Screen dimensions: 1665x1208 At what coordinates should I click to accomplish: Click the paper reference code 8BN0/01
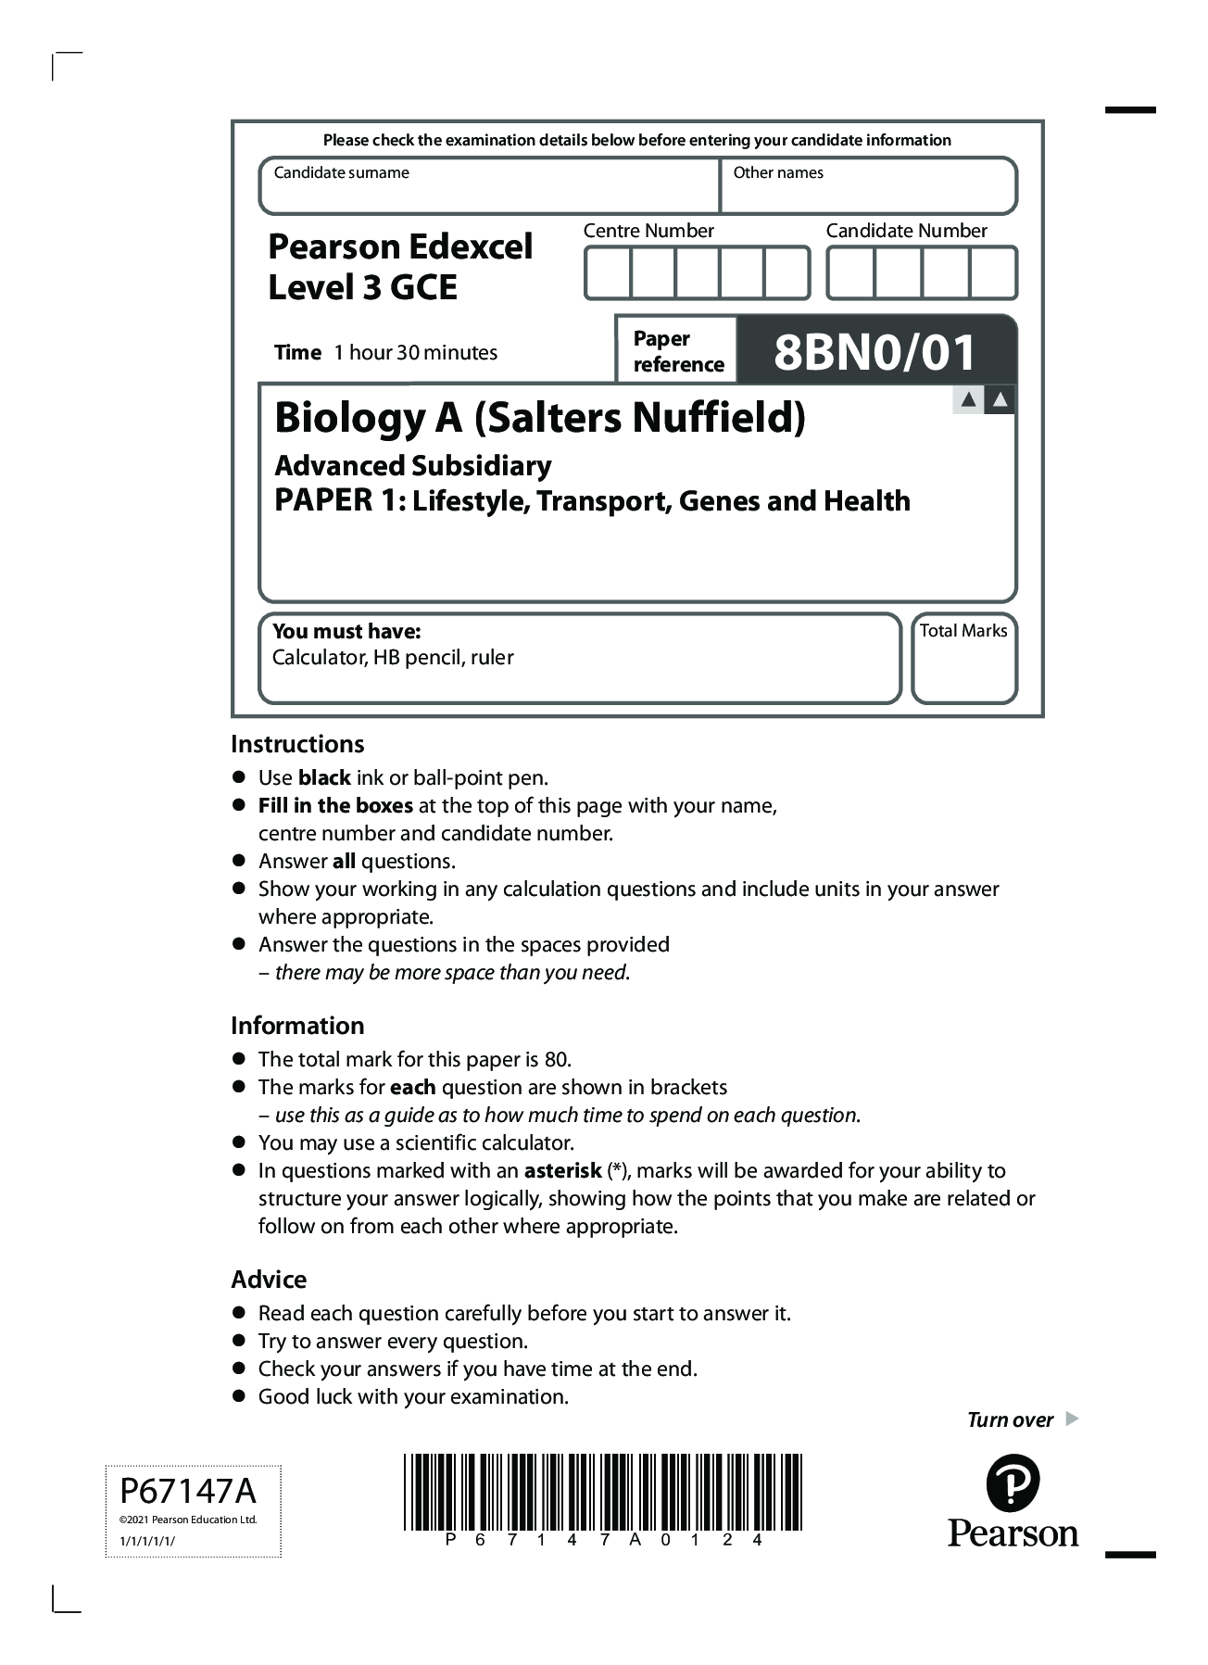(875, 352)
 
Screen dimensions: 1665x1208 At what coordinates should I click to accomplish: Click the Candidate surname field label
(341, 173)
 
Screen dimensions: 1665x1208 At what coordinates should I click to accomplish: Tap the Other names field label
(777, 173)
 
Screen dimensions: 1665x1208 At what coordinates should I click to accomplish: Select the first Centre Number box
(608, 273)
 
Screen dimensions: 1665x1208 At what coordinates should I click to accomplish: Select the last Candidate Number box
(993, 273)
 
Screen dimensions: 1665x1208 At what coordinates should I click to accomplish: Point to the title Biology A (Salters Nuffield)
(539, 418)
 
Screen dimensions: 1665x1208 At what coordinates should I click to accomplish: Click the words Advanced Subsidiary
(413, 465)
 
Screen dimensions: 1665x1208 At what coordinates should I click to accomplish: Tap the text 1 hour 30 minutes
(415, 353)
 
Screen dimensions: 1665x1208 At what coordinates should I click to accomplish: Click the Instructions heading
(297, 744)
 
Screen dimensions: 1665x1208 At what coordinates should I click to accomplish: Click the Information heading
(297, 1026)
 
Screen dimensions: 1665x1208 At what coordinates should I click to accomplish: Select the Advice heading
(269, 1280)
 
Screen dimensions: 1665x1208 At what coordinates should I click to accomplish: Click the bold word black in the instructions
(323, 778)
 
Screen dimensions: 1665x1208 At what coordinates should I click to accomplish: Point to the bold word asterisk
(562, 1171)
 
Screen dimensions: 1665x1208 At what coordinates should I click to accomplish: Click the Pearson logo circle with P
(1013, 1483)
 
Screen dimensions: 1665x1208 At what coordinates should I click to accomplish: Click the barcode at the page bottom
(602, 1492)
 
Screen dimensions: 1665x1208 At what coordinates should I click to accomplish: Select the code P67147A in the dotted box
(188, 1492)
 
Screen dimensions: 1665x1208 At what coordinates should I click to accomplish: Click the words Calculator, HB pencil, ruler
(393, 658)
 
